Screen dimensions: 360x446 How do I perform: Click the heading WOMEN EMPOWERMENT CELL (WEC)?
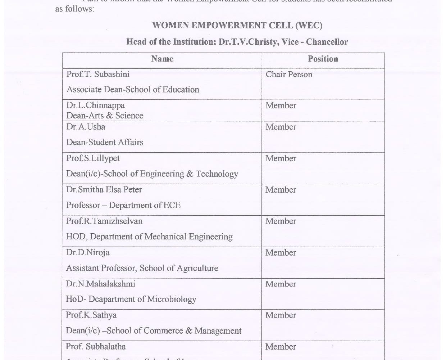point(237,26)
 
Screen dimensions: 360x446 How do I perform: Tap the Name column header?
point(162,59)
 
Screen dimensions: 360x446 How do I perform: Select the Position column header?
point(323,59)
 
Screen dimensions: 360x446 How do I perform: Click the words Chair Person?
point(289,75)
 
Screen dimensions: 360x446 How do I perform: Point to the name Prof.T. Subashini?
point(98,74)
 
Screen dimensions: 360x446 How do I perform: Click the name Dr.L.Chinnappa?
point(95,105)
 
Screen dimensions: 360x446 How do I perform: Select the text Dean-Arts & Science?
point(105,116)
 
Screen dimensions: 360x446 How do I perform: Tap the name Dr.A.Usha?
point(86,127)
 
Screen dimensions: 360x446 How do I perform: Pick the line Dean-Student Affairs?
point(105,143)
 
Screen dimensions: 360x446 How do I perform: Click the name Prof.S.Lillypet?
point(93,158)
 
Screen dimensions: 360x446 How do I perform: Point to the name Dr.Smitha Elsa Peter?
point(104,190)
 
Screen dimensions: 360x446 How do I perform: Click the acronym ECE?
point(172,206)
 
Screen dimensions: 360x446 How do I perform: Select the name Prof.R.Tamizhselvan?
point(104,221)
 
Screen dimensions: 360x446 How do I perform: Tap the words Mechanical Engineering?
point(188,237)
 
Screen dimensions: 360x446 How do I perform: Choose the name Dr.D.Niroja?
point(87,253)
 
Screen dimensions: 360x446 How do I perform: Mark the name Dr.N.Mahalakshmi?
point(100,284)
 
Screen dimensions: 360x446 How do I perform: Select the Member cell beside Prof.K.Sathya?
point(281,315)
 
